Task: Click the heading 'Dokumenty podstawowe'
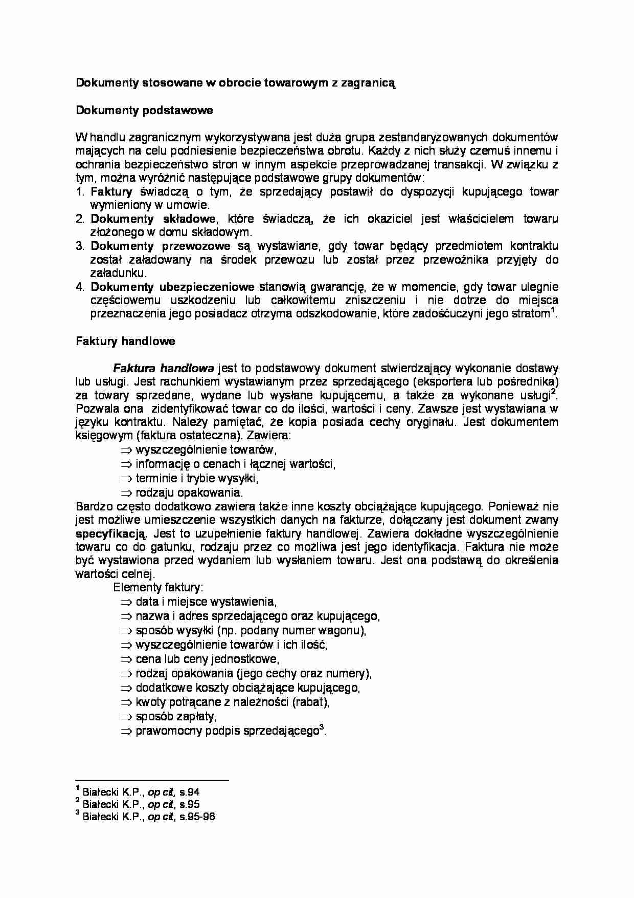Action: click(x=144, y=110)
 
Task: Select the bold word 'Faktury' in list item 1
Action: click(x=111, y=191)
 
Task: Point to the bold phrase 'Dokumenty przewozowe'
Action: click(x=161, y=246)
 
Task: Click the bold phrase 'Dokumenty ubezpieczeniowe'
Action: click(x=173, y=286)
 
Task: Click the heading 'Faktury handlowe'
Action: click(x=125, y=341)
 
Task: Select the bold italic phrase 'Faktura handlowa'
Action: click(x=163, y=368)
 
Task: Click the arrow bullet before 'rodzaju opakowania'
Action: click(x=126, y=493)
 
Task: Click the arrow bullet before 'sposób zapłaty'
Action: click(x=126, y=717)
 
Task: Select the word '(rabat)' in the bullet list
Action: click(x=310, y=702)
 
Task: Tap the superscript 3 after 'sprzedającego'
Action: click(x=321, y=727)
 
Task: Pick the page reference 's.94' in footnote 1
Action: click(x=189, y=792)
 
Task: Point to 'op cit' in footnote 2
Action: click(x=162, y=804)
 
